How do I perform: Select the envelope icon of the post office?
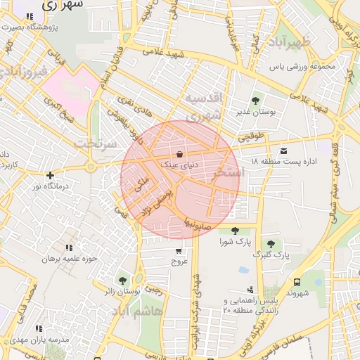point(283,150)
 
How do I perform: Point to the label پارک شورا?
point(234,243)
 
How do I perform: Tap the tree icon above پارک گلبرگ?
point(271,243)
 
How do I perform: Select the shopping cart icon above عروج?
point(179,250)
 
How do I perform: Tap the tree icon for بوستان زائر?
point(123,281)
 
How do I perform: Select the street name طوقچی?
point(253,139)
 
